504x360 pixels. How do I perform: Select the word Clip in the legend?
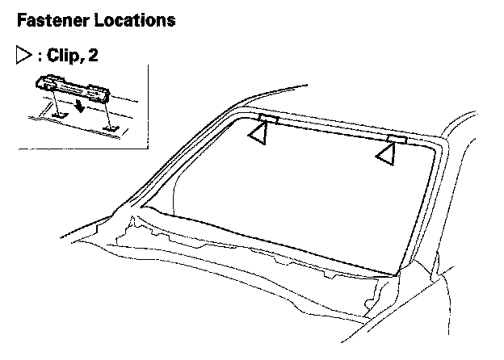(x=63, y=56)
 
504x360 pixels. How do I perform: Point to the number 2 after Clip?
(x=95, y=56)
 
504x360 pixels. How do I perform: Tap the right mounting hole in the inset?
(x=111, y=126)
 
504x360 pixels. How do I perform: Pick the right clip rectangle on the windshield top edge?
(x=395, y=139)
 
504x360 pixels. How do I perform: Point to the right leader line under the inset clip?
(x=108, y=109)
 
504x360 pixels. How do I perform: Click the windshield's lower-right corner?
(x=398, y=273)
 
